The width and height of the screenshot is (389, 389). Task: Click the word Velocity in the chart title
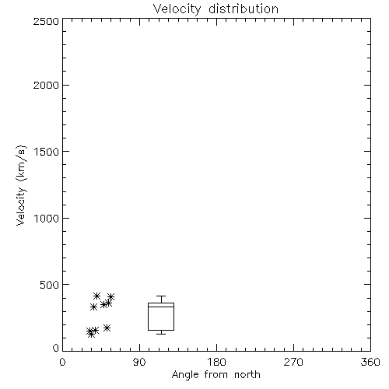pos(177,9)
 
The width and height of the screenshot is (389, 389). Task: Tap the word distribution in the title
pos(244,9)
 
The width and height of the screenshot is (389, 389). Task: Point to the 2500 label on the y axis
pos(46,21)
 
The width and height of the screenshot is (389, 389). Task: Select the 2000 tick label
pos(46,85)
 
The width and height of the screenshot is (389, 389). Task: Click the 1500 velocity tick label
pos(47,152)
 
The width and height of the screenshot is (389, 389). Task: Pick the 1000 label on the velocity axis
pos(47,218)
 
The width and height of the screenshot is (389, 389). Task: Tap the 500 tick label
pos(50,285)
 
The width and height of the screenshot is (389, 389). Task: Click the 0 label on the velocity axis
pos(56,348)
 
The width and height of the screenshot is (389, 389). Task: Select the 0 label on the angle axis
pos(62,362)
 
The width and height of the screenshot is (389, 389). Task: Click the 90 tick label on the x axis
pos(139,362)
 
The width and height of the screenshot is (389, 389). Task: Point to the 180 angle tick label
pos(216,362)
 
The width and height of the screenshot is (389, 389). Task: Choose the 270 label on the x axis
pos(293,362)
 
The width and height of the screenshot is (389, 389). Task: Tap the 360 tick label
pos(370,362)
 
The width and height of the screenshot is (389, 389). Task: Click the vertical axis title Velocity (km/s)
pos(21,185)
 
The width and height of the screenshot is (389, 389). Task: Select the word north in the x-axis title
pos(247,375)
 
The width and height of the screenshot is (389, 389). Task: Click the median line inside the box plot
pos(161,307)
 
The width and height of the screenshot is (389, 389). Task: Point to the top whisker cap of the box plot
pos(161,296)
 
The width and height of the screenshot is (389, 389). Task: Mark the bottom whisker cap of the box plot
pos(161,334)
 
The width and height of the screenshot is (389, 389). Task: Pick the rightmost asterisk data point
pos(111,296)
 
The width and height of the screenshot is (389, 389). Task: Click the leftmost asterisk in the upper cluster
pos(93,307)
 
